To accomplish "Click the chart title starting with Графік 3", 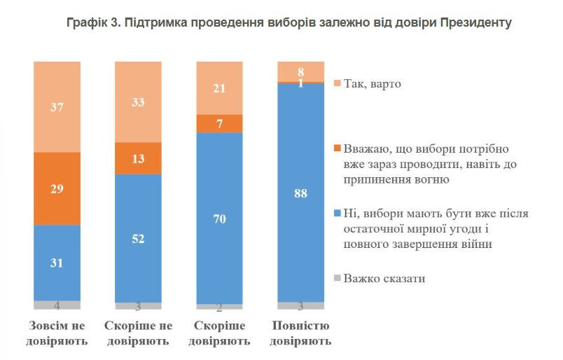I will [289, 23].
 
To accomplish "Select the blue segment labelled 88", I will [300, 193].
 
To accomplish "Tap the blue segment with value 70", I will [219, 218].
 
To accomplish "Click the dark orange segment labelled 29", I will [57, 188].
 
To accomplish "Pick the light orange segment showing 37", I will [57, 106].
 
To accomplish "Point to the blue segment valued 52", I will [138, 238].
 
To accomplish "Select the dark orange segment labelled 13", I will [138, 158].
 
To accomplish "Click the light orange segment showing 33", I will [138, 102].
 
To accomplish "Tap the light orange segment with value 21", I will [219, 88].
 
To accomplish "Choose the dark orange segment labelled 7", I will [219, 123].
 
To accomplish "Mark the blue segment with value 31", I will [57, 263].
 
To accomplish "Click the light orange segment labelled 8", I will [300, 71].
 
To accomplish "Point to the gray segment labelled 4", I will [57, 305].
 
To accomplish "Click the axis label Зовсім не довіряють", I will [57, 334].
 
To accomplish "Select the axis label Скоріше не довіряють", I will [138, 334].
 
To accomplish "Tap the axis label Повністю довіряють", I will [300, 334].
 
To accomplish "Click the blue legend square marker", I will [338, 213].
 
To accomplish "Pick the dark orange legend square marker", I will [338, 148].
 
